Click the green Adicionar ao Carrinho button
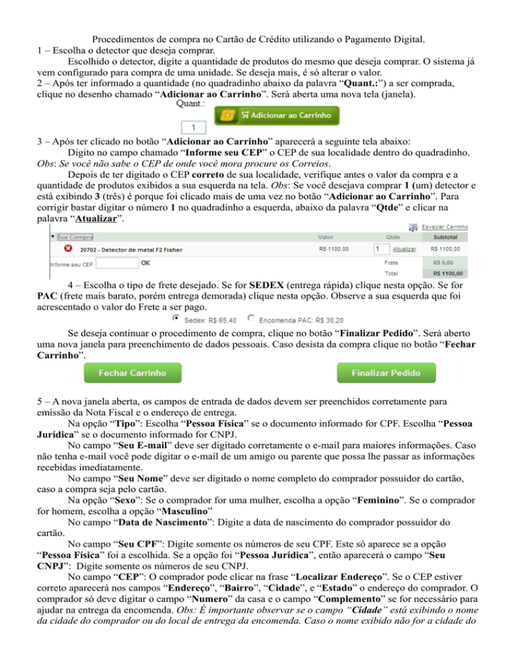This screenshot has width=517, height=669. tap(277, 115)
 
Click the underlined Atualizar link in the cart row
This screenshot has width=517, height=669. tap(404, 249)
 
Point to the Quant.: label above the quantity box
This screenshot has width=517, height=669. tap(189, 104)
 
